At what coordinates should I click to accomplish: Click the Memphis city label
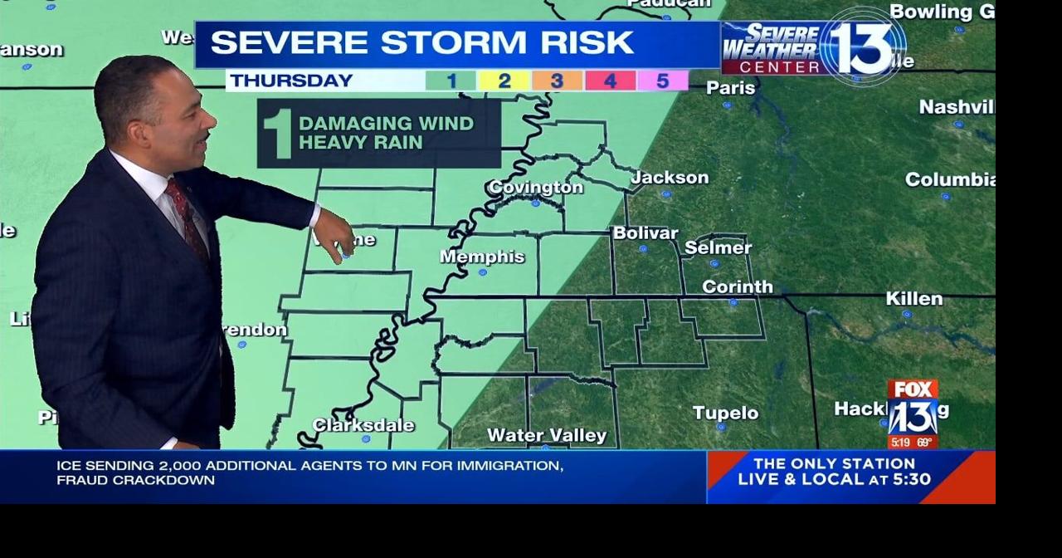(482, 257)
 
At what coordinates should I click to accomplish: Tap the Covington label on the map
(535, 188)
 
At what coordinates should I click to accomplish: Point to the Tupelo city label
(725, 413)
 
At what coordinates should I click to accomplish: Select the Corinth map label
(737, 286)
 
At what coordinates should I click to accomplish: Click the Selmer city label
(718, 247)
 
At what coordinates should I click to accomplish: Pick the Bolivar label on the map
(645, 233)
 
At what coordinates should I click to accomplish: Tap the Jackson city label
(670, 178)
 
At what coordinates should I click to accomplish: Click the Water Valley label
(547, 435)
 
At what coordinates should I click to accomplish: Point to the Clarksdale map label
(363, 425)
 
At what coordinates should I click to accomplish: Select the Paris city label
(730, 88)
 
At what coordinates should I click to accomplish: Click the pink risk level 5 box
(663, 81)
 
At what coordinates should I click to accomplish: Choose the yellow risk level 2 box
(504, 81)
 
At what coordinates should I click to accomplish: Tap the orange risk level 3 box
(557, 81)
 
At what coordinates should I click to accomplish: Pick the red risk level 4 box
(610, 81)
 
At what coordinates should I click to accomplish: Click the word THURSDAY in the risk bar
(291, 81)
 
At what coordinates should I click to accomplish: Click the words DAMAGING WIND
(386, 124)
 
